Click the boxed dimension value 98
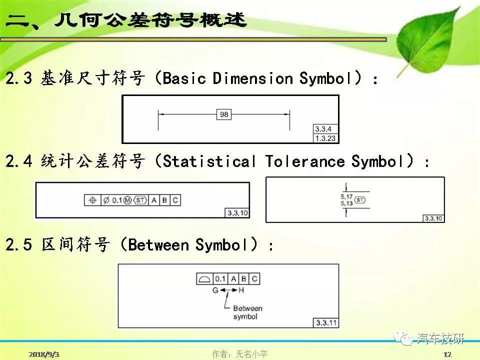tap(224, 114)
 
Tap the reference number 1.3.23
tap(325, 138)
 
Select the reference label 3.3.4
tap(323, 129)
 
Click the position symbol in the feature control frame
tap(92, 200)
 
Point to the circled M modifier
tap(127, 200)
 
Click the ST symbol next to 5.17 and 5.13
tap(359, 200)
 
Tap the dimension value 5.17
tap(346, 196)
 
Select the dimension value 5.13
tap(346, 203)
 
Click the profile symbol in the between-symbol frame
tap(204, 279)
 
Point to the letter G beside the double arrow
tap(215, 290)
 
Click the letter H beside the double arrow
tap(241, 290)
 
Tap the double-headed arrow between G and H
tap(228, 290)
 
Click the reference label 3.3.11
tap(326, 322)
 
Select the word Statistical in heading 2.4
tap(209, 161)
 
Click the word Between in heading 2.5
tap(158, 245)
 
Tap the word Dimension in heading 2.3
tap(253, 78)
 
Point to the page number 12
tap(447, 354)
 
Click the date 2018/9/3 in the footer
tap(44, 354)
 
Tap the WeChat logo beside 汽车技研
tap(403, 338)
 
